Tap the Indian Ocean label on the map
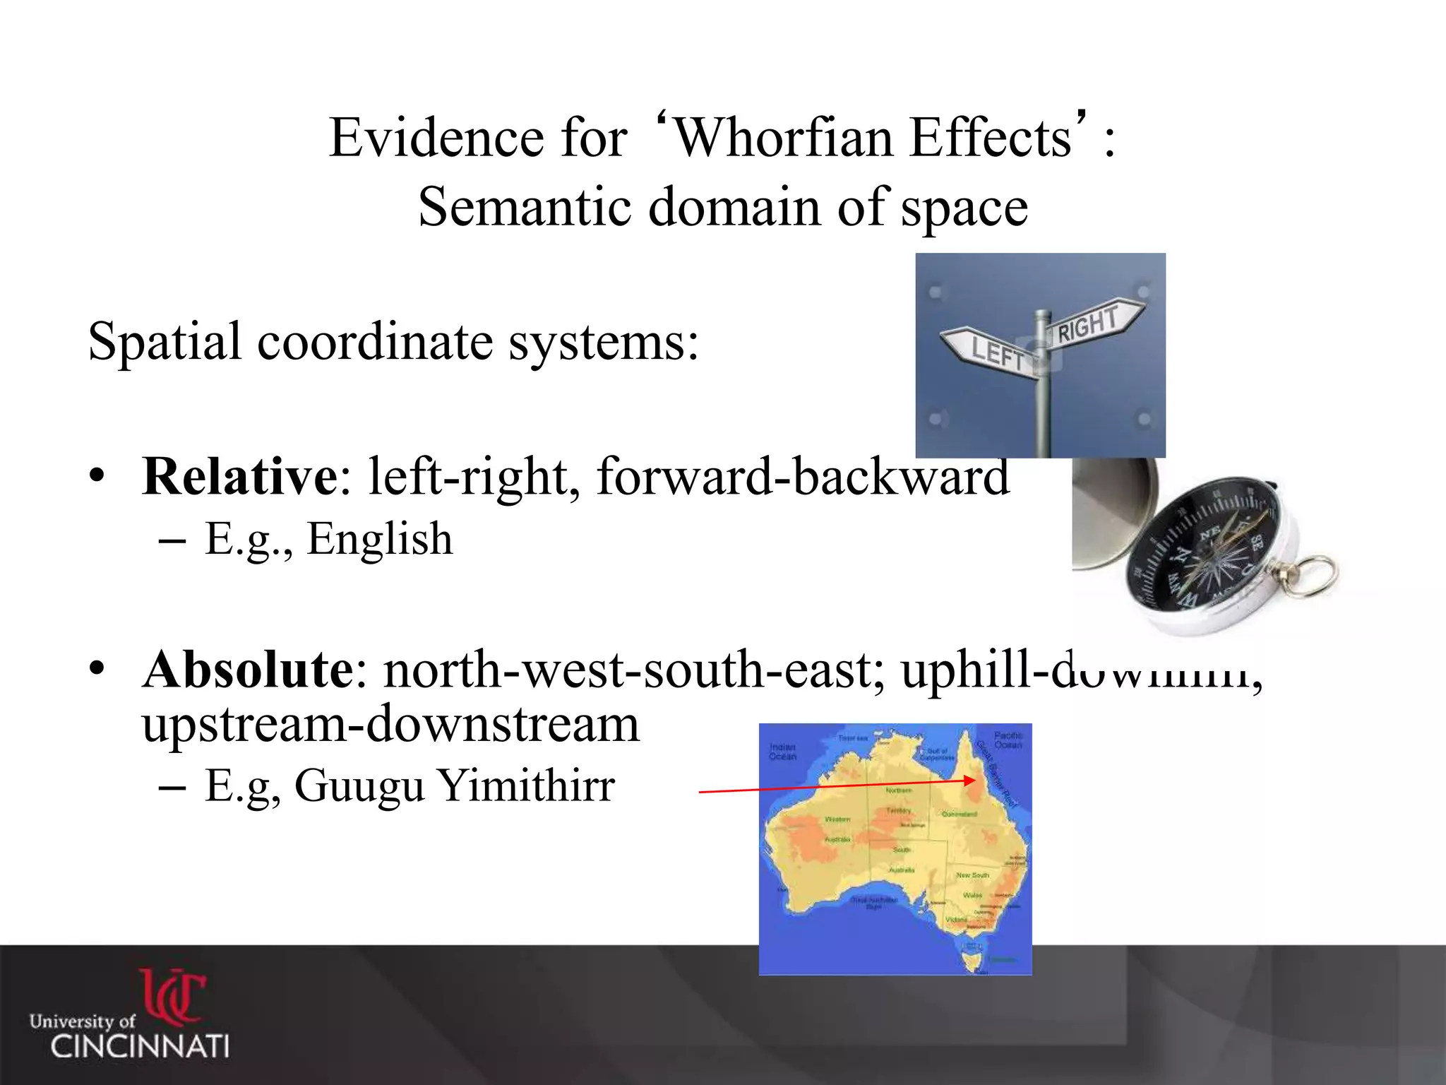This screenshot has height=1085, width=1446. point(782,751)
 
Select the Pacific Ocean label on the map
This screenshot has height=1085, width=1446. point(1008,740)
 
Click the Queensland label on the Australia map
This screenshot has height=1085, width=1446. point(959,814)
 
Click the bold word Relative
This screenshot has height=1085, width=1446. point(240,477)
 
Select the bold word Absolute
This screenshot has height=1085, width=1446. point(248,669)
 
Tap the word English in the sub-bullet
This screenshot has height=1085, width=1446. point(379,539)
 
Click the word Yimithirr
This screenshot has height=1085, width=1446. point(526,785)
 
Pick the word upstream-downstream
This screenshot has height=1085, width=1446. point(390,724)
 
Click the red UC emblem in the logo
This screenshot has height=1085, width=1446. point(173,996)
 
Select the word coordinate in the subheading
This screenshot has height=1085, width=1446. point(375,342)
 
